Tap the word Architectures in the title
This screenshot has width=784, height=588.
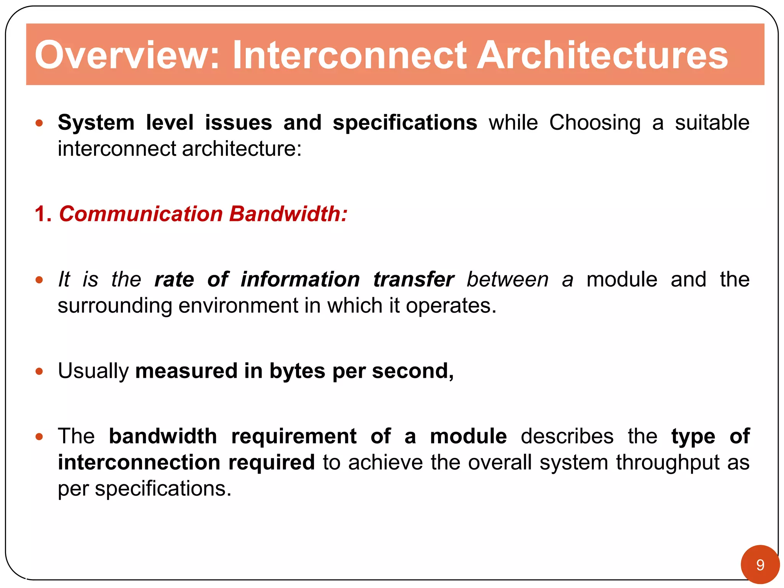(x=602, y=56)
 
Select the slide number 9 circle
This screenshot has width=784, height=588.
(x=760, y=565)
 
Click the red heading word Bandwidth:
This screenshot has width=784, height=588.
(x=288, y=214)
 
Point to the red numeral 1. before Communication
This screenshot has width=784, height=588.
(x=43, y=214)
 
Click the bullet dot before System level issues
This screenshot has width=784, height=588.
(x=39, y=123)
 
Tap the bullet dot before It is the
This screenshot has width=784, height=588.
(x=39, y=280)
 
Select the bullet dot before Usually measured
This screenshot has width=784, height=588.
(x=39, y=371)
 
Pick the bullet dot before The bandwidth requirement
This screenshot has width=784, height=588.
(x=39, y=436)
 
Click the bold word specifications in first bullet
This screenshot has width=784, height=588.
(x=405, y=123)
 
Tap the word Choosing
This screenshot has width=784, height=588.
(x=595, y=123)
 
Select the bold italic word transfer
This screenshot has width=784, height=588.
(x=413, y=279)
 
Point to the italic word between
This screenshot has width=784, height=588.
(x=508, y=279)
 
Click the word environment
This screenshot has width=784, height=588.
(x=238, y=306)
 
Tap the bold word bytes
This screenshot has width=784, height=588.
(x=297, y=371)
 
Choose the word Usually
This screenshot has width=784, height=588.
(x=93, y=371)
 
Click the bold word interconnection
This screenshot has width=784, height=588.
(x=139, y=462)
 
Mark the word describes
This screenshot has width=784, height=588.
(x=567, y=436)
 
